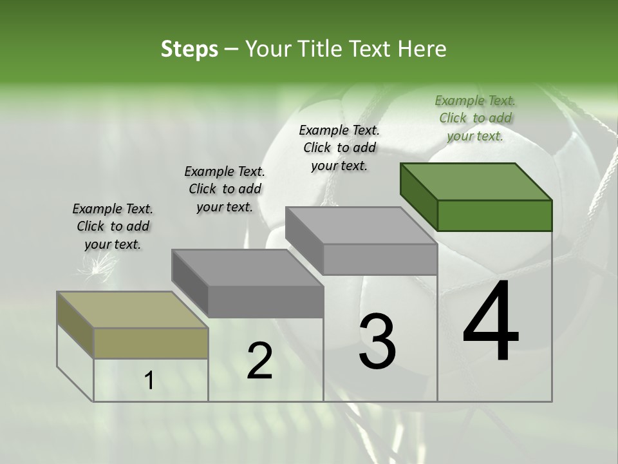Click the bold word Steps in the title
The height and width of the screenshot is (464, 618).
tap(189, 50)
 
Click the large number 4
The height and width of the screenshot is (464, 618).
tap(491, 322)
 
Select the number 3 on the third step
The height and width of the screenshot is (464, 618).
tap(377, 342)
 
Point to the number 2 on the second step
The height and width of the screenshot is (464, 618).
tap(259, 361)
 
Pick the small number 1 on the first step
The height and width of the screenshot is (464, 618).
tap(149, 381)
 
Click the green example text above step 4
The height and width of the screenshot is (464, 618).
tap(475, 118)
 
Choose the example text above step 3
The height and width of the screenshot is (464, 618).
tap(339, 148)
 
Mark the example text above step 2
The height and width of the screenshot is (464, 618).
tap(225, 189)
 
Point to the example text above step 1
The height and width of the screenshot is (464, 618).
tap(113, 226)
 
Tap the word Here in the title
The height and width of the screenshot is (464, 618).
tap(422, 50)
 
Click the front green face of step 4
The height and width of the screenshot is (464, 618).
tap(494, 215)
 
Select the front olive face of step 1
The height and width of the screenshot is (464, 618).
tap(151, 343)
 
